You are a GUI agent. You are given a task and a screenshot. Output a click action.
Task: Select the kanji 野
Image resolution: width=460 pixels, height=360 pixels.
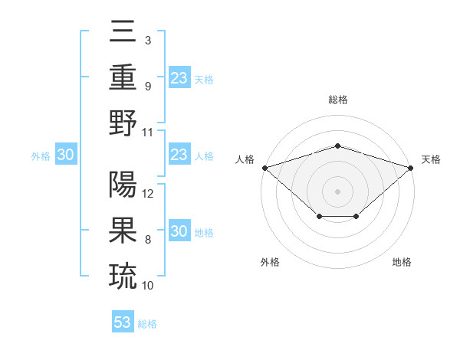[123, 123]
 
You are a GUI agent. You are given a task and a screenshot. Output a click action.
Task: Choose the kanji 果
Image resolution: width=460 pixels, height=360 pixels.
[123, 231]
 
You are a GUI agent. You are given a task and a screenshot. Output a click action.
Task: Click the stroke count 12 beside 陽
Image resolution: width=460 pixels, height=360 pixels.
[149, 194]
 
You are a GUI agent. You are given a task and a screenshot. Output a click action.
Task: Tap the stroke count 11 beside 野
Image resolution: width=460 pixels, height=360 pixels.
[148, 132]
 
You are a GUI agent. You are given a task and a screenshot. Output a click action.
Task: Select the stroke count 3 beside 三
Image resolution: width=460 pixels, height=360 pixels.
[147, 40]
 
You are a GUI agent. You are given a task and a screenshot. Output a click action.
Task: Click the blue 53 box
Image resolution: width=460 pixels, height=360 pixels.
[123, 322]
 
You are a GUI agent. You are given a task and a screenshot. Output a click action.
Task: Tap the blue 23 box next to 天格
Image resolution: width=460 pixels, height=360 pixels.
[179, 78]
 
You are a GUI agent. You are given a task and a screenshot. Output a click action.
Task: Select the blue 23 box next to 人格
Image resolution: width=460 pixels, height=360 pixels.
[179, 155]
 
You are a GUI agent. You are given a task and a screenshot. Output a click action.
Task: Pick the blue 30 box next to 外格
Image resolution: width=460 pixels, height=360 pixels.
[65, 155]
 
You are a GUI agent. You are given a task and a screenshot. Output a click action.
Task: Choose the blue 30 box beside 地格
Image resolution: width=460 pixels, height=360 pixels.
[179, 231]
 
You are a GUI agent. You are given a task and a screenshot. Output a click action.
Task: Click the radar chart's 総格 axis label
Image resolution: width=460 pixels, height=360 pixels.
[337, 100]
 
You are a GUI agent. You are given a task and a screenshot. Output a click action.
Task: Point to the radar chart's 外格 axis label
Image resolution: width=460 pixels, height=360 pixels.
[270, 262]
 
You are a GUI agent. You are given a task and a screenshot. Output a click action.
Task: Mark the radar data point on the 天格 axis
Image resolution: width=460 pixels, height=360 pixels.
[411, 167]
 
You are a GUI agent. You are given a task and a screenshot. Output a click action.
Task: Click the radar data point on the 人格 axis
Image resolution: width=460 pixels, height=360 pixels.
[264, 167]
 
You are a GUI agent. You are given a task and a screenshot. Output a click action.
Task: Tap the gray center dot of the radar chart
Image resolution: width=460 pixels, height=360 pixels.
[337, 191]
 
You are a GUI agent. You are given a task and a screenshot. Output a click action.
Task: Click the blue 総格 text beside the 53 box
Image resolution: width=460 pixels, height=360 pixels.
[147, 324]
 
